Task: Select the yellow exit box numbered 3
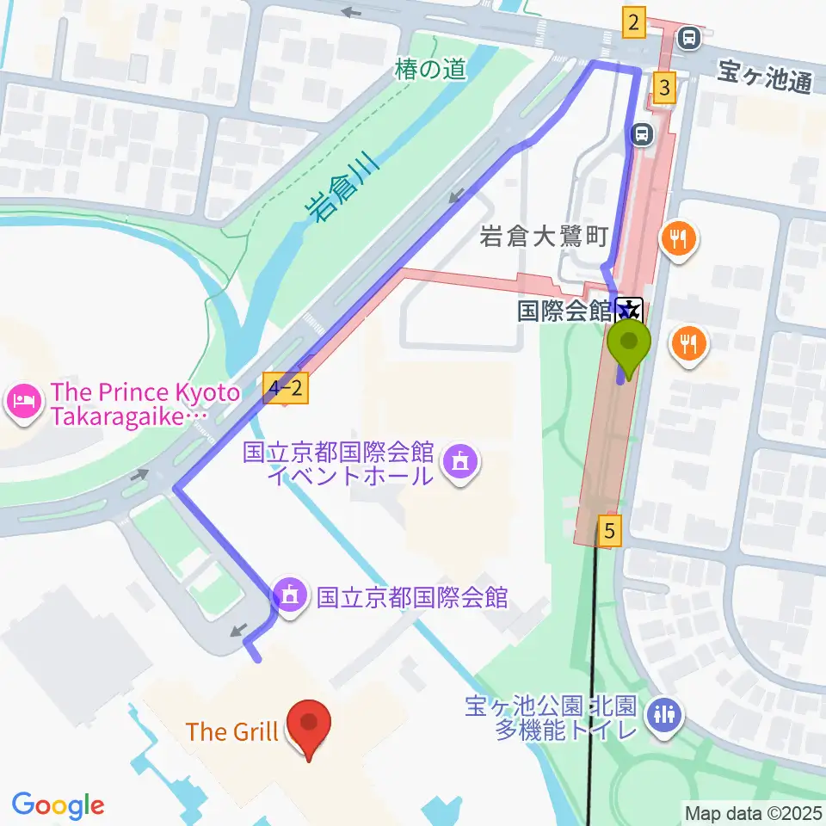pyautogui.click(x=663, y=87)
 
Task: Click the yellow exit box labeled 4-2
pyautogui.click(x=286, y=390)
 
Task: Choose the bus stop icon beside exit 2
pyautogui.click(x=687, y=37)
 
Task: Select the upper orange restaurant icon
pyautogui.click(x=679, y=238)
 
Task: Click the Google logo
pyautogui.click(x=58, y=805)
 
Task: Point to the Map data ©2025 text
pyautogui.click(x=753, y=811)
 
